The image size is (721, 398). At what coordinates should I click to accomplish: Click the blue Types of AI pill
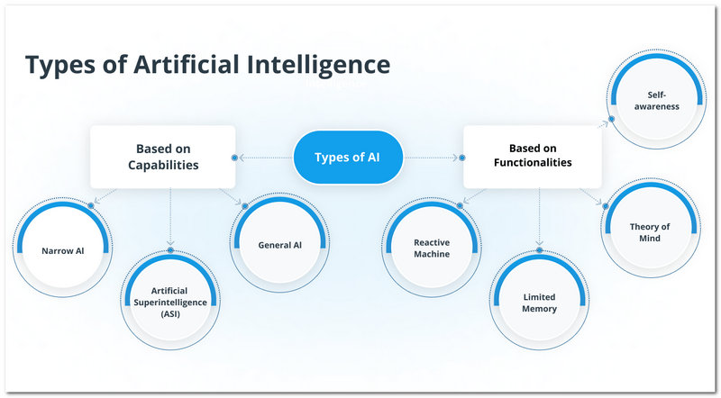coord(347,158)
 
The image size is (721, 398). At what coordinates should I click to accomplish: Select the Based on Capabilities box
coord(162,157)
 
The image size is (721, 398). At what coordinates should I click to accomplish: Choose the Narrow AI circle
coord(61,251)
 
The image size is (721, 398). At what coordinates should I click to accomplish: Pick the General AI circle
coord(278,245)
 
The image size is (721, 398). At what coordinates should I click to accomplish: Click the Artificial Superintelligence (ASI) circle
coord(170,302)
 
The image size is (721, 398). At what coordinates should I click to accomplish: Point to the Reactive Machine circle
coord(432,249)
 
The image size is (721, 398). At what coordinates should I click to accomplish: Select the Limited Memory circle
coord(540,303)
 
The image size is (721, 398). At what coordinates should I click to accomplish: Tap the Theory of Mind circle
coord(650,232)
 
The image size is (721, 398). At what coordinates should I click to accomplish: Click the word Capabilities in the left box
coord(162,166)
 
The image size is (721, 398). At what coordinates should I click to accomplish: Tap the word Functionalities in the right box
coord(533,163)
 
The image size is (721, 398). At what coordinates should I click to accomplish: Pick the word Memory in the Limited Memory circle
coord(540,309)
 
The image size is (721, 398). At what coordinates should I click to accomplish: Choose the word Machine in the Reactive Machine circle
coord(432,255)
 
